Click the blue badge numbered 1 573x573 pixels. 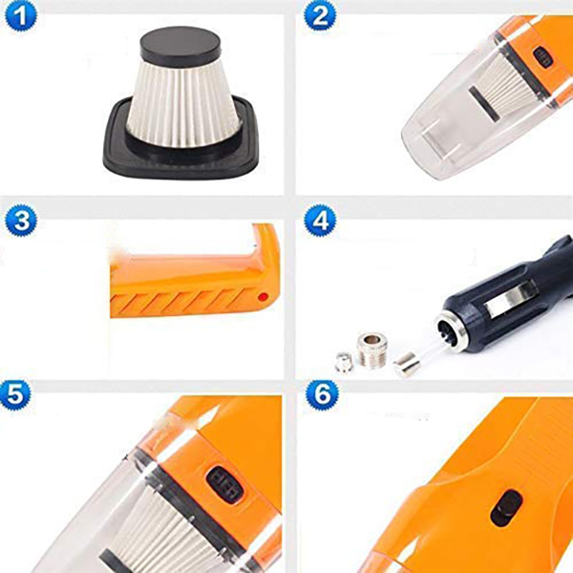tap(20, 16)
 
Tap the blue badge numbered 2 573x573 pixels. tap(320, 16)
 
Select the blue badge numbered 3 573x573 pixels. tap(20, 221)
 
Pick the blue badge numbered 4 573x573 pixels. tap(320, 221)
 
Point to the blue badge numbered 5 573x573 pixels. tap(15, 395)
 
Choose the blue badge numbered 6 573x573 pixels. tap(322, 395)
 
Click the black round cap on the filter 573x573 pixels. tap(180, 47)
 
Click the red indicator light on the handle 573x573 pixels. tap(262, 297)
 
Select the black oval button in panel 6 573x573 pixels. tap(506, 507)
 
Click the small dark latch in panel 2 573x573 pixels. tap(541, 56)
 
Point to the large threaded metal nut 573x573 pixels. tap(371, 350)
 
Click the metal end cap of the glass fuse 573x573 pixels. tap(407, 367)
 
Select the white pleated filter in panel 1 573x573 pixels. tap(181, 103)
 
